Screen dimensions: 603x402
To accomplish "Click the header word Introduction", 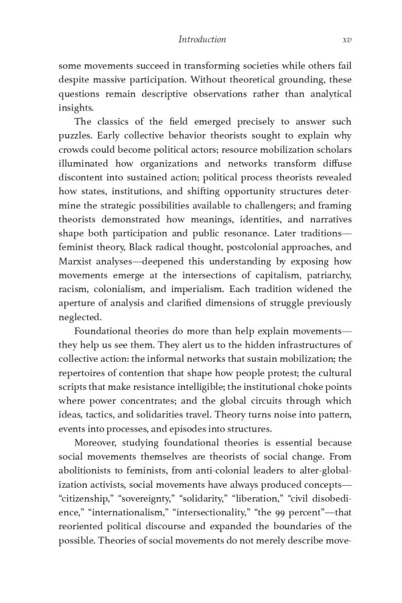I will (x=202, y=40).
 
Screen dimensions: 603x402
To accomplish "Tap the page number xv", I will (x=346, y=40).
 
